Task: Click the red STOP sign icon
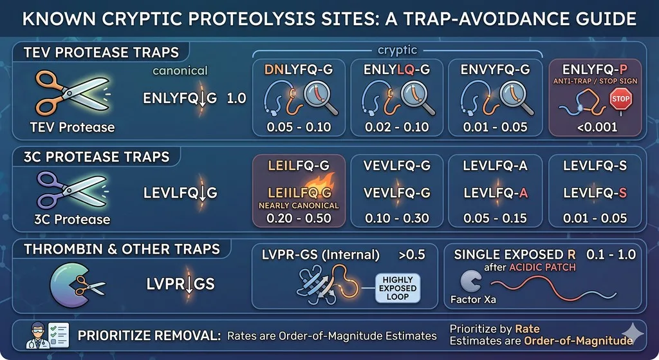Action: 620,100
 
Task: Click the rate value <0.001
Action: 597,127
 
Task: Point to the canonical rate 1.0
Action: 236,98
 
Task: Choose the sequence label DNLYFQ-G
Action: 299,70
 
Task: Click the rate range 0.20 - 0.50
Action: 299,218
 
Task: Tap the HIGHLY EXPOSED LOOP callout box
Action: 398,288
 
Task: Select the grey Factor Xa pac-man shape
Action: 470,281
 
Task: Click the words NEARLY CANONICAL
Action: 299,205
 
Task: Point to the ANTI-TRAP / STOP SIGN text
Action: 595,81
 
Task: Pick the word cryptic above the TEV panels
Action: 397,50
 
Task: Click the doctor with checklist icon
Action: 48,335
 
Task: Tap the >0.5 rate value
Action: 412,254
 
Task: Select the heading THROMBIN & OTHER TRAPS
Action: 122,249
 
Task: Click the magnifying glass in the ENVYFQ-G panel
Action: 517,99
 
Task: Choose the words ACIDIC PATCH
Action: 542,267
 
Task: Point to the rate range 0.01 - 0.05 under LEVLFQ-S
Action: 595,218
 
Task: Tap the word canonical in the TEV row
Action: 180,71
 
